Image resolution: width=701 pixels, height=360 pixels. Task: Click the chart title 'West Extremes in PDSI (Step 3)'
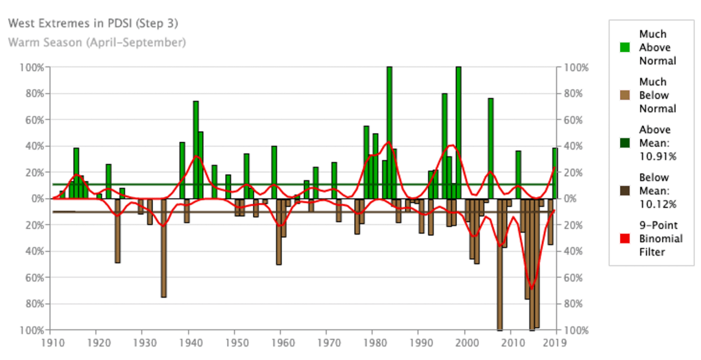click(93, 23)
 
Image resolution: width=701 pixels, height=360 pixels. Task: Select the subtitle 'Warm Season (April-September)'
click(97, 43)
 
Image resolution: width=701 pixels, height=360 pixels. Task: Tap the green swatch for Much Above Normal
click(625, 48)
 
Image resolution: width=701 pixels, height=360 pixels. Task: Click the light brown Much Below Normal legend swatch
click(625, 95)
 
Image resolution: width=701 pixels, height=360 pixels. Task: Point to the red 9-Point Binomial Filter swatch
click(625, 239)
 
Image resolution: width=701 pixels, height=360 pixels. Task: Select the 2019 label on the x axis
click(554, 341)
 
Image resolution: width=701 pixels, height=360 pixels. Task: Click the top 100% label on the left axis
click(32, 67)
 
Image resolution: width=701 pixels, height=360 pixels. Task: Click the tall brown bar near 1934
click(164, 248)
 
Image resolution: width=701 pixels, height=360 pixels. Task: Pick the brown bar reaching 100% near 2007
click(500, 264)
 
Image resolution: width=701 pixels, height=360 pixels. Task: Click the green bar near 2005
click(490, 148)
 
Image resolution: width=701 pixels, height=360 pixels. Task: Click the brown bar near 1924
click(117, 230)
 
